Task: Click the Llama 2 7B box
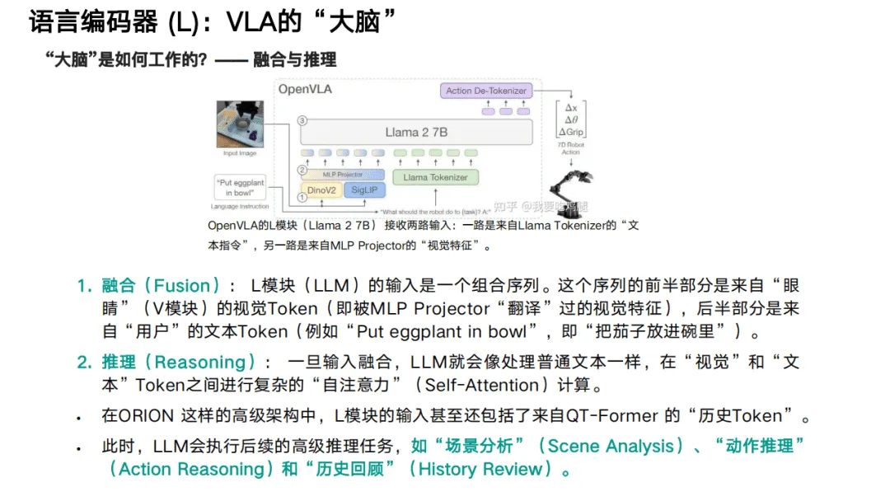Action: (417, 132)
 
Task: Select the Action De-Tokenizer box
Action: (485, 90)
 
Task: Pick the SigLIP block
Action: (363, 190)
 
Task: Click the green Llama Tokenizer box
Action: (435, 176)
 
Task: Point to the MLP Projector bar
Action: (342, 174)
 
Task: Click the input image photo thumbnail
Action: (240, 124)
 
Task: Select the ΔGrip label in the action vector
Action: (570, 132)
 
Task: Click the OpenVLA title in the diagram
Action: (305, 89)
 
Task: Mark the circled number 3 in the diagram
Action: (302, 121)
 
